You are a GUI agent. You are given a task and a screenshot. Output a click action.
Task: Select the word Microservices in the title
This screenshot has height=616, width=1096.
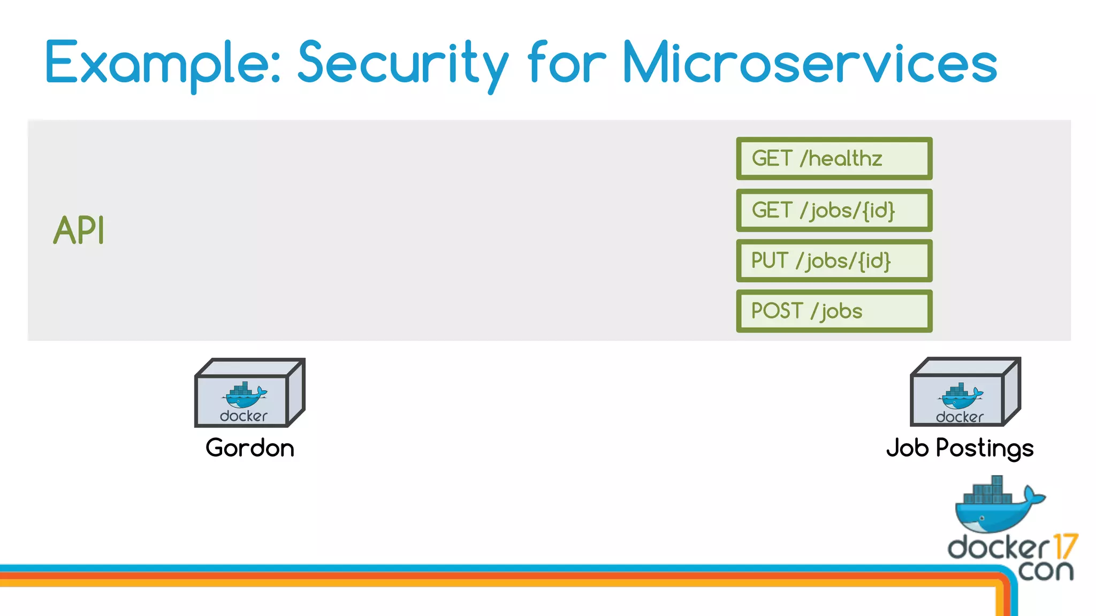click(809, 63)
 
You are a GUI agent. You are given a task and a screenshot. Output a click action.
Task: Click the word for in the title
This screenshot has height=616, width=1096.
click(567, 63)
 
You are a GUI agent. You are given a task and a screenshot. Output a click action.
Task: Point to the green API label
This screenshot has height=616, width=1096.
click(79, 230)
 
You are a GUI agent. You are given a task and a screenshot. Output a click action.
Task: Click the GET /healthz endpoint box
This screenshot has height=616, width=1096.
click(834, 159)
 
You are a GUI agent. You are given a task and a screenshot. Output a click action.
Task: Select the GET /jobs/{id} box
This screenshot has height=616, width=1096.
click(834, 210)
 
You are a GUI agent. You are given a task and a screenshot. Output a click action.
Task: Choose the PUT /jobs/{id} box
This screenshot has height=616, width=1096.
click(834, 261)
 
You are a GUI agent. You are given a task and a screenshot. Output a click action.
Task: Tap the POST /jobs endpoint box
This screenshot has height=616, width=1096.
click(834, 311)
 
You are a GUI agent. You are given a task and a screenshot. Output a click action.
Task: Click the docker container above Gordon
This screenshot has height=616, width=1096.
click(249, 393)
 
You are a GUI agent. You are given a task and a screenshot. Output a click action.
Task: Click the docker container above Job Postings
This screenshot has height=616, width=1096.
click(965, 392)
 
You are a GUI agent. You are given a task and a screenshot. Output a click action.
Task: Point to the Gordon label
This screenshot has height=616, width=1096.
click(250, 448)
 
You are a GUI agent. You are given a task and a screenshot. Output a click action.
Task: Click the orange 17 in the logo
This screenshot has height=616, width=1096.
click(1065, 546)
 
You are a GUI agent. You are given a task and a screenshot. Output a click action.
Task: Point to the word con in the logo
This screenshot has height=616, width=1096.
click(1045, 571)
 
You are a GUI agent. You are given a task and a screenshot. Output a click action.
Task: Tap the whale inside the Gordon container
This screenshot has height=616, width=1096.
click(244, 395)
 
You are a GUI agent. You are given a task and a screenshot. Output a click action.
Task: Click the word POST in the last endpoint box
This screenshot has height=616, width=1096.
click(777, 311)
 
